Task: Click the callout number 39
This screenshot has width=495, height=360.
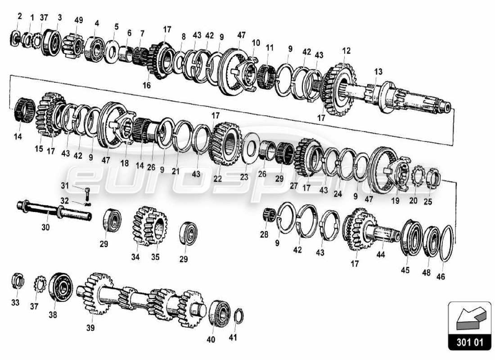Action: [90, 328]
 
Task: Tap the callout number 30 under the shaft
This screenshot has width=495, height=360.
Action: [45, 228]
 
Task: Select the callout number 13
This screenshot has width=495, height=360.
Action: [378, 72]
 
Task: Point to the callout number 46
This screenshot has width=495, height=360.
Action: [441, 277]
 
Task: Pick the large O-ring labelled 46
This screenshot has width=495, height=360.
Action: [445, 243]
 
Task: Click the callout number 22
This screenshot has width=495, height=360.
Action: [218, 178]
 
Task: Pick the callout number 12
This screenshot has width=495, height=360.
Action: [346, 51]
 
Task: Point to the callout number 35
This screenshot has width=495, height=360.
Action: [155, 257]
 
